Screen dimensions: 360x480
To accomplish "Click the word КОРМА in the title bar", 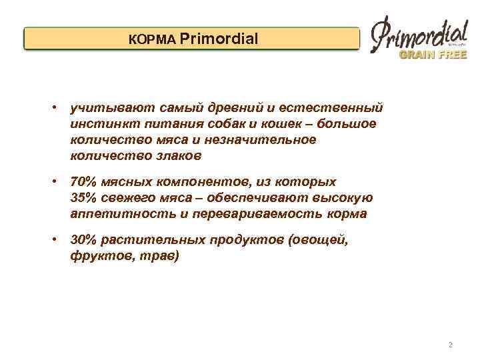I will point(152,40).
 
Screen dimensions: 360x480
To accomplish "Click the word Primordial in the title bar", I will point(219,39).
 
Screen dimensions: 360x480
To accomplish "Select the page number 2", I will point(451,345).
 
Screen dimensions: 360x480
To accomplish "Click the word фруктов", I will point(96,256).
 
